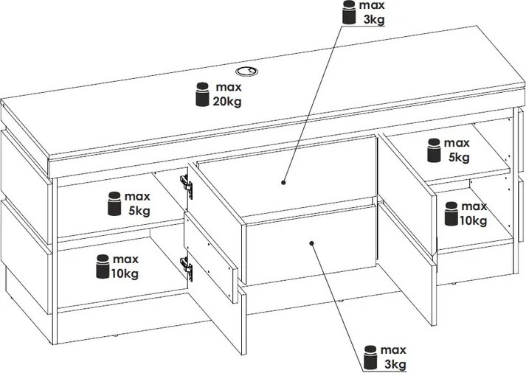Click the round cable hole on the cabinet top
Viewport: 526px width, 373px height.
(x=245, y=72)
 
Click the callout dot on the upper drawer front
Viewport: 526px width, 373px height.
(x=284, y=180)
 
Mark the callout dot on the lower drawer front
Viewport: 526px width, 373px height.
(x=313, y=242)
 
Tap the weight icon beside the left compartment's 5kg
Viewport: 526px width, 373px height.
(x=114, y=204)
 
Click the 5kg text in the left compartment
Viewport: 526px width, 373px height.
(x=138, y=211)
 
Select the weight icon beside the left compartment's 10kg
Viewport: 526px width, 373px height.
(x=102, y=266)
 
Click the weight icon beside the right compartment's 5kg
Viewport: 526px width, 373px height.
(x=434, y=150)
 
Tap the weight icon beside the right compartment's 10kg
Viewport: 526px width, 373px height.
(x=451, y=213)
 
